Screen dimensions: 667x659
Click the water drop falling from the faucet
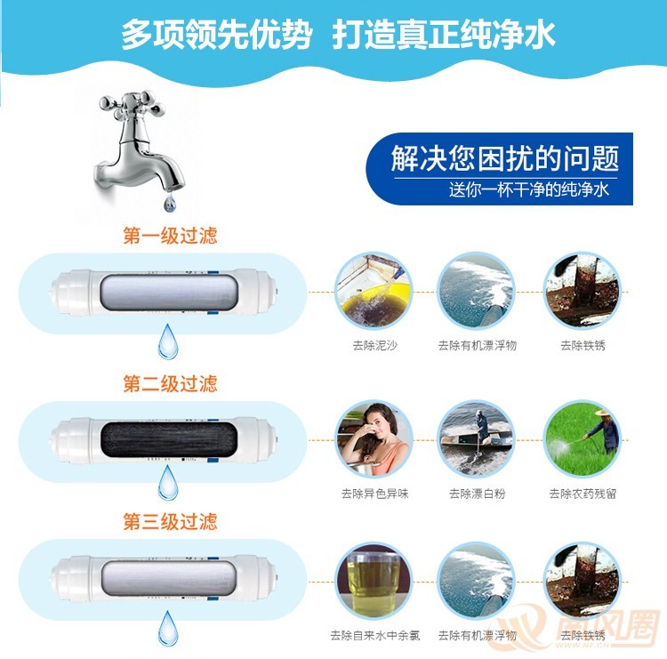(170, 203)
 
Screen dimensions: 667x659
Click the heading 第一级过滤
(170, 236)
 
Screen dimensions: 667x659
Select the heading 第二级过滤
(170, 383)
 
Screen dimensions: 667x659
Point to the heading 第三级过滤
(170, 521)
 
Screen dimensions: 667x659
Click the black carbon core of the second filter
(169, 438)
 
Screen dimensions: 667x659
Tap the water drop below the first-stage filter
(168, 342)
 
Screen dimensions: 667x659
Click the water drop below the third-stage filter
(168, 629)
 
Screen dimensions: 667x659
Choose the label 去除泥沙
(374, 345)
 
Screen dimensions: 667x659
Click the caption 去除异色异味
(374, 494)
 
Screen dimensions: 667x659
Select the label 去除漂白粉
(478, 494)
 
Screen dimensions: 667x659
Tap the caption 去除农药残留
(583, 494)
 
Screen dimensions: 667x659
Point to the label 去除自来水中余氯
(374, 636)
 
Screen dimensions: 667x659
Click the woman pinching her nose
(374, 439)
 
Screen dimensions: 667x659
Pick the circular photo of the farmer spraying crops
(582, 438)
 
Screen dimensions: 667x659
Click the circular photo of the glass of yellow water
(374, 581)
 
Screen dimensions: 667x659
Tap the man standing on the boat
(481, 425)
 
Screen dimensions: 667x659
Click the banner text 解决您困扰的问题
(505, 158)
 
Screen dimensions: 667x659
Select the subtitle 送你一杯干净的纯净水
(529, 189)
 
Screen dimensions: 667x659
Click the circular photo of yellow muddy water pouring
(374, 292)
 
